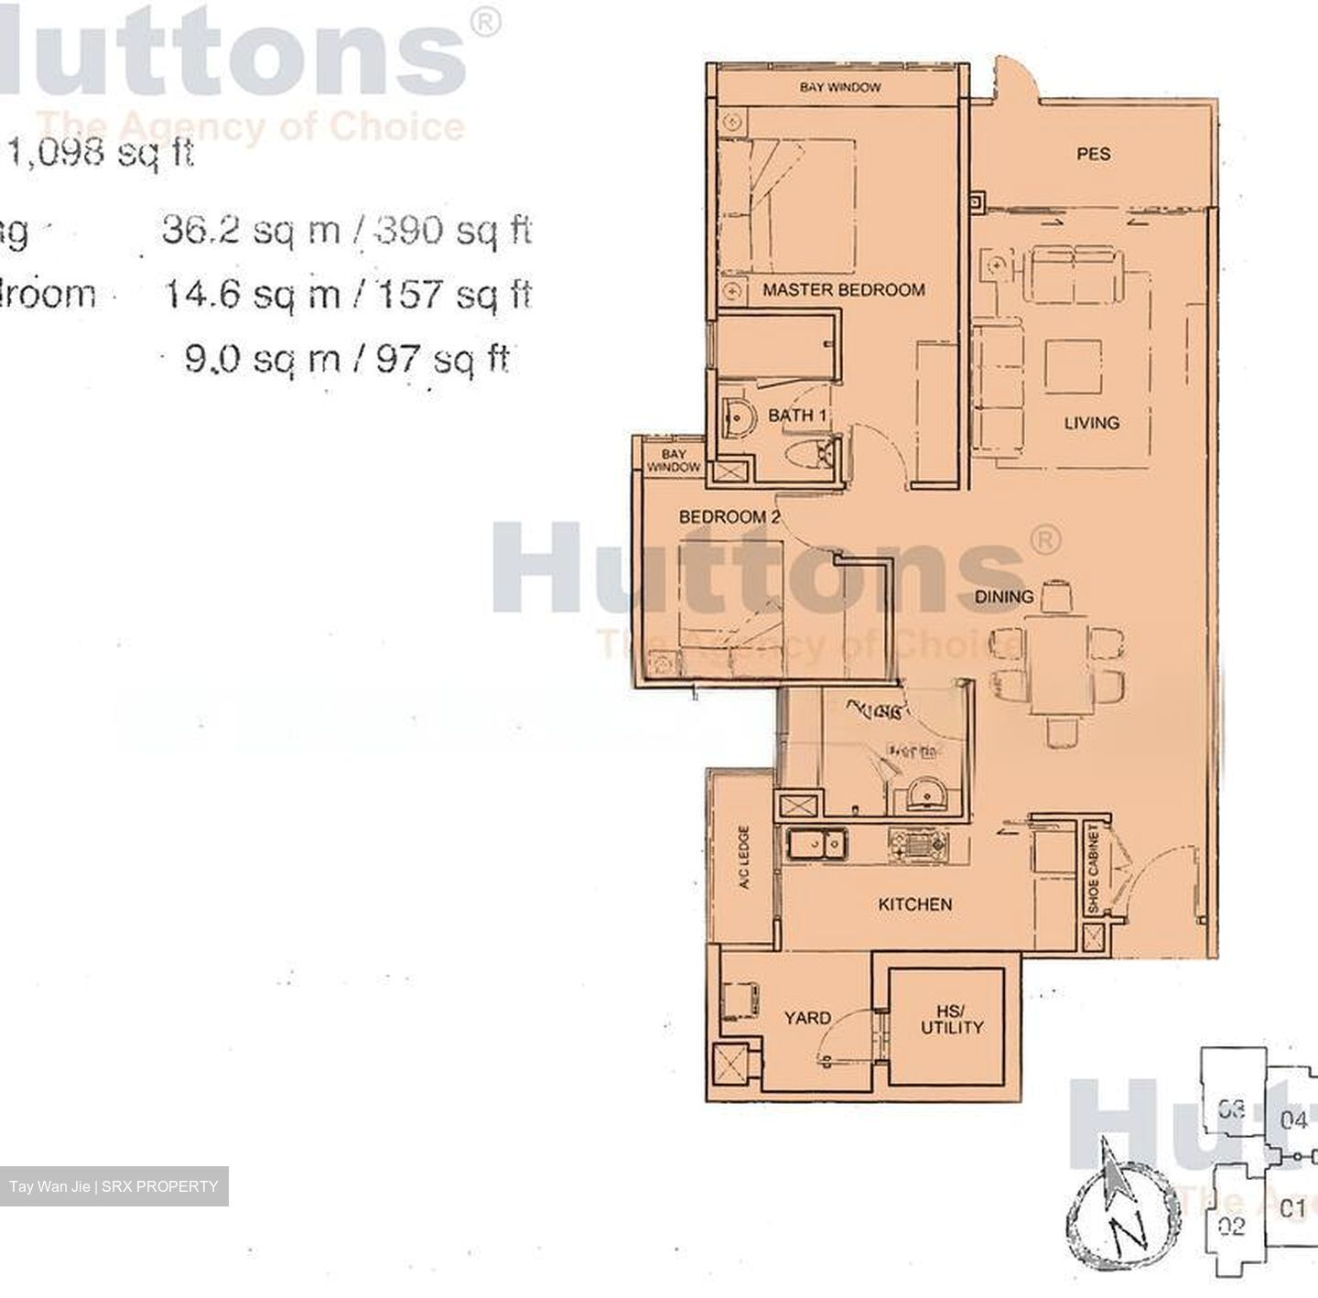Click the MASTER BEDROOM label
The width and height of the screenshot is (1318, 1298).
pos(843,290)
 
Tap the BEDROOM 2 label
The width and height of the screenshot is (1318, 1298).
pos(729,517)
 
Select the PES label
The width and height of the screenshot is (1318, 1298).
pos(1093,155)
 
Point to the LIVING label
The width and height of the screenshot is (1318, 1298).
pos(1091,423)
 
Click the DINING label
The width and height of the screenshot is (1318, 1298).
pos(1004,597)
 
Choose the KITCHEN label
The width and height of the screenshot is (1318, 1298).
pos(914,904)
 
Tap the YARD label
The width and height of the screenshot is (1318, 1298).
pos(807,1018)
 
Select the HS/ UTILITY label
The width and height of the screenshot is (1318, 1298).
pos(951,1019)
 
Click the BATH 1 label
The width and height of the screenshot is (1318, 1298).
pos(797,416)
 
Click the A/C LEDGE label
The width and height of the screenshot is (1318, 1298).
pos(743,858)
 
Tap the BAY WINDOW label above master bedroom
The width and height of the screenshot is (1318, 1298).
pos(839,88)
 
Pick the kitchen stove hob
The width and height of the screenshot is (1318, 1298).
pos(918,843)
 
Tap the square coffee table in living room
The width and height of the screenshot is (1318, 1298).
pos(1073,367)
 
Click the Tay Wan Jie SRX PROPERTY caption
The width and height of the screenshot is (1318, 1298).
pos(113,1186)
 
